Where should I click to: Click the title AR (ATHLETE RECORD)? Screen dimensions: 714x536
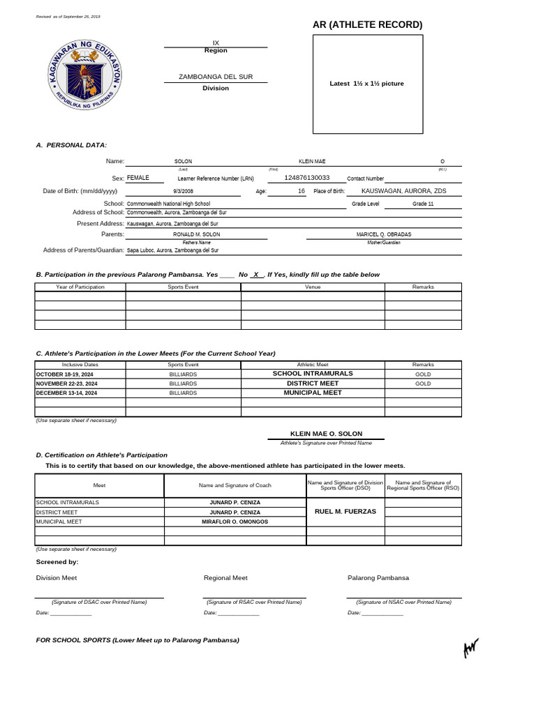coord(368,25)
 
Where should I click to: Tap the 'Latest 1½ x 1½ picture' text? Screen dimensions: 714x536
coord(366,84)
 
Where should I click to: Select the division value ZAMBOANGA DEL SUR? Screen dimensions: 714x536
coord(216,76)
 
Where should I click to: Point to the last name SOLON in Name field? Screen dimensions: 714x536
coord(183,161)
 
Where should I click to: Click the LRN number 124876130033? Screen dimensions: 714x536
coord(307,178)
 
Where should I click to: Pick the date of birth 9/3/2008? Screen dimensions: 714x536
coord(183,191)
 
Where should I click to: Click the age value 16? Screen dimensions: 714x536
coord(301,191)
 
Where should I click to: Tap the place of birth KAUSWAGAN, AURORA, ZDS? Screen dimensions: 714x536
coord(403,191)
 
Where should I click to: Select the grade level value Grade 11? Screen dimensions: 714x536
coord(423,204)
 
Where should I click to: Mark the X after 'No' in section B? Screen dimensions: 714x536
coord(257,275)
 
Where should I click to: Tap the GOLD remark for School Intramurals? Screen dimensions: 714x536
coord(423,374)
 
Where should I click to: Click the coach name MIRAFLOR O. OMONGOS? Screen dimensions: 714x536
coord(234,521)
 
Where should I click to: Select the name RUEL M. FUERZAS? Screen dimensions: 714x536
coord(345,511)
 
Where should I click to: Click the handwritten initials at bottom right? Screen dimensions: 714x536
coord(472,648)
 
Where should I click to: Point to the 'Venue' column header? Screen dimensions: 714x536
coord(313,287)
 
